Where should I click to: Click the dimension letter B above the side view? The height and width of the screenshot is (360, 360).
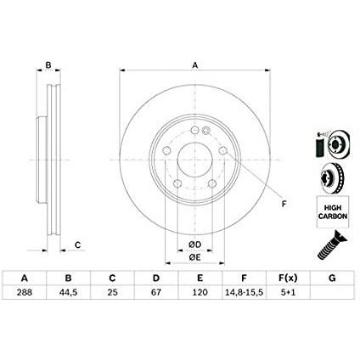[48, 65]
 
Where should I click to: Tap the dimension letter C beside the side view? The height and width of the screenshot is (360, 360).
[77, 245]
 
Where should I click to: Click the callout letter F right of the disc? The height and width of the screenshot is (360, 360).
[284, 202]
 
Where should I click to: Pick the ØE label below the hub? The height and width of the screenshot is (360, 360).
[194, 257]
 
